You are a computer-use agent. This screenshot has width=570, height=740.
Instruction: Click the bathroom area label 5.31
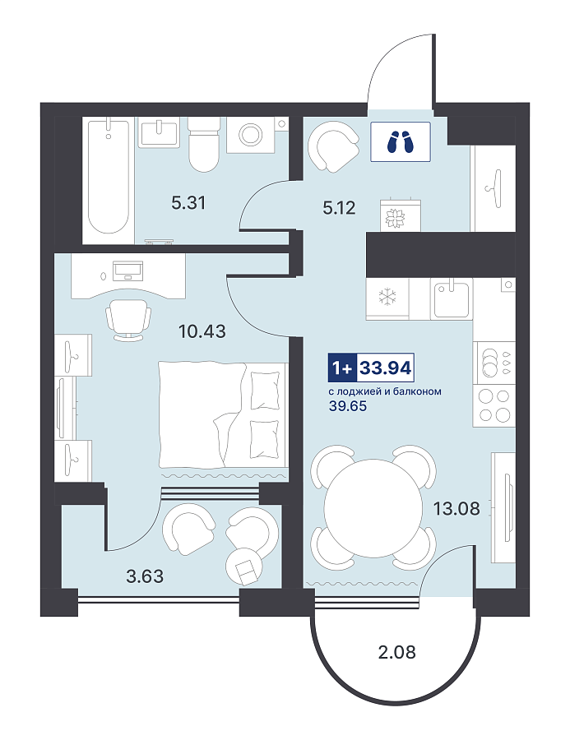(188, 203)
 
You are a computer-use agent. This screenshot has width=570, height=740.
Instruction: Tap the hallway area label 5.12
(339, 208)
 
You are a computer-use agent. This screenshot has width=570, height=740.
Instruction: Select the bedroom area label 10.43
(202, 331)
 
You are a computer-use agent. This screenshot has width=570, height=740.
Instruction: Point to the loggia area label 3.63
(145, 576)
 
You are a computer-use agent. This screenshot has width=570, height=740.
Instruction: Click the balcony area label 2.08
(397, 652)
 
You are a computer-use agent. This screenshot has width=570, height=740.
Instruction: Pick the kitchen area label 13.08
(456, 509)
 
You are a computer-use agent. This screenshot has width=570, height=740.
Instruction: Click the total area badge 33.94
(386, 368)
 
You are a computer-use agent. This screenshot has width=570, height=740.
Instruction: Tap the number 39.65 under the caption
(348, 406)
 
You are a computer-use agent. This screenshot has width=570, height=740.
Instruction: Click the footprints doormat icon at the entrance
(401, 141)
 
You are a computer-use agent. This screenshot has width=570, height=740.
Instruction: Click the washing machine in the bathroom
(250, 135)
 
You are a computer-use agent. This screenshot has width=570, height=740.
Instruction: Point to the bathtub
(109, 177)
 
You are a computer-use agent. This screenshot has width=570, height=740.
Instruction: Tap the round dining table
(373, 508)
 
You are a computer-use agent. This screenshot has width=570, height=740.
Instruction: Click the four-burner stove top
(494, 406)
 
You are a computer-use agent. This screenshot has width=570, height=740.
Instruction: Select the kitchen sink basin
(452, 298)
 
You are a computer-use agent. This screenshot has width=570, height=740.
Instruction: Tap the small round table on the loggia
(244, 567)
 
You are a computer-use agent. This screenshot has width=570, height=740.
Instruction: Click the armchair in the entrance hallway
(333, 146)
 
